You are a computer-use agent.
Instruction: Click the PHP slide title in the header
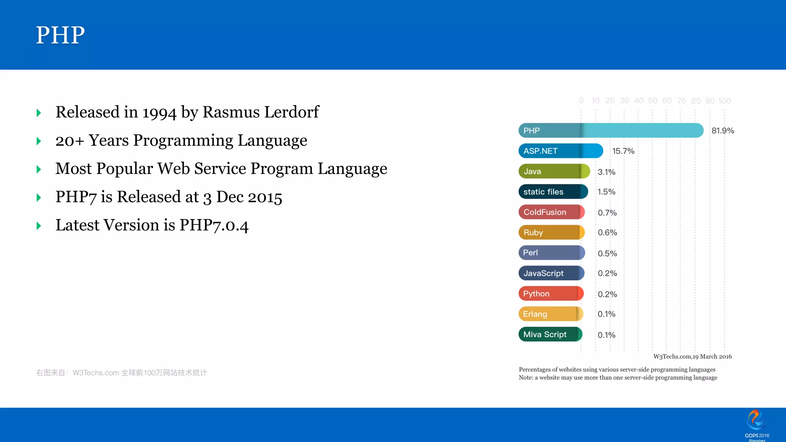coord(60,35)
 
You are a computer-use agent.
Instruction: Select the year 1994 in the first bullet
coord(159,112)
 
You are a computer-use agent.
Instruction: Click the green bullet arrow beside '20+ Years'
coord(39,141)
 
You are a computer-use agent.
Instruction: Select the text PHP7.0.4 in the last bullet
coord(214,225)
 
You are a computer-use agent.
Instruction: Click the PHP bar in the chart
coord(610,130)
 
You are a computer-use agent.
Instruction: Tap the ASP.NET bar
coord(560,151)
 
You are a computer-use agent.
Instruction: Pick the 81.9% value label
coord(723,130)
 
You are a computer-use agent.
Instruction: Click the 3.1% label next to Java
coord(606,172)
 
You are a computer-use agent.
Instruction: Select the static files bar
coord(553,191)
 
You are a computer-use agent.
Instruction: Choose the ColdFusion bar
coord(551,212)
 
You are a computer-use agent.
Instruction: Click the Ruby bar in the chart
coord(551,232)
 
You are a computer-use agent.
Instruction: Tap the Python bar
coord(551,294)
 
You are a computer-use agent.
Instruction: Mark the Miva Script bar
coord(550,334)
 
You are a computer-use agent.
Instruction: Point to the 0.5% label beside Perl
coord(607,254)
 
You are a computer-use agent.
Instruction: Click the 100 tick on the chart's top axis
coord(724,101)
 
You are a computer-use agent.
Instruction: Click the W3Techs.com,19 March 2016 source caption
coord(692,356)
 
